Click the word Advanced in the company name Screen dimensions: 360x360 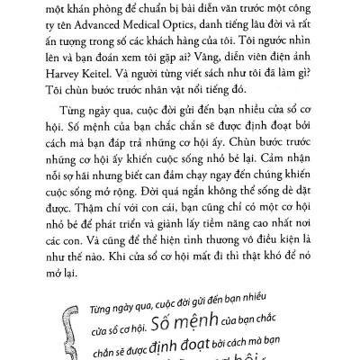click(x=122, y=29)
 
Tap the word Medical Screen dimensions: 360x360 click(x=175, y=29)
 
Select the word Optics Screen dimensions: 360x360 click(x=218, y=29)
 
